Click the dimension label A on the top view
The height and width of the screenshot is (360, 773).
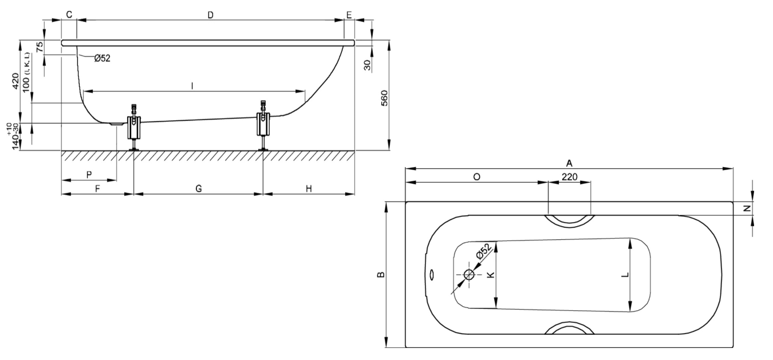click(569, 163)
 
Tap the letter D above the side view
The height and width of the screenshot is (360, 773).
click(210, 15)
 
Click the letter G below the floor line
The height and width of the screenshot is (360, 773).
click(198, 188)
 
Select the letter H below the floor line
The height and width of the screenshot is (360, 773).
click(309, 188)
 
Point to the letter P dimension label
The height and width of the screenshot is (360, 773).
click(89, 174)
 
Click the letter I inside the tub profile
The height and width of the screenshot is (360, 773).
click(193, 85)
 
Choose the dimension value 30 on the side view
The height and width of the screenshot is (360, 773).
click(367, 64)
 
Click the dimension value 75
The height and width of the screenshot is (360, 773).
click(40, 47)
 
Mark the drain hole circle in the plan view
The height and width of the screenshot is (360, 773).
click(469, 275)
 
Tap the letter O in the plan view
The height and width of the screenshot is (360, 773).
click(476, 177)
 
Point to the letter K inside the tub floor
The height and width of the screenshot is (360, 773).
click(490, 275)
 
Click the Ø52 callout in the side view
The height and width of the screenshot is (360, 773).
click(102, 57)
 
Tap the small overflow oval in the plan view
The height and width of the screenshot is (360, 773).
click(432, 275)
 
